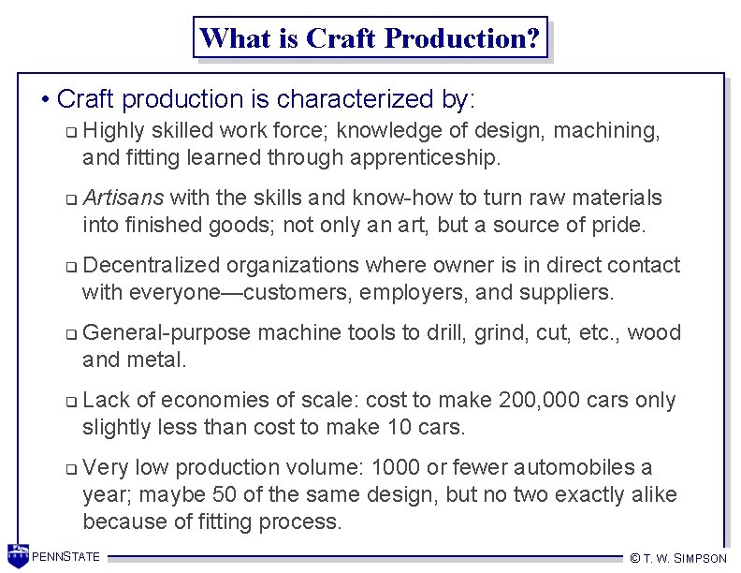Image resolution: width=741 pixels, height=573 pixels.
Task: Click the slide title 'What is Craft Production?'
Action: pyautogui.click(x=370, y=38)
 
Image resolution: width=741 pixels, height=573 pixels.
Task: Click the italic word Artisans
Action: pyautogui.click(x=123, y=198)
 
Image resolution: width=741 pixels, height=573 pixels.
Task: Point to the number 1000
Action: pyautogui.click(x=397, y=467)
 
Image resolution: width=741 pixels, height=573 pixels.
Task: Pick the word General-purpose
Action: pyautogui.click(x=167, y=332)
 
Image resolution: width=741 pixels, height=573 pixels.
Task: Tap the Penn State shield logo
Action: pyautogui.click(x=18, y=555)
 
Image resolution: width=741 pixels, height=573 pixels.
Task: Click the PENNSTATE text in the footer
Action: pyautogui.click(x=65, y=557)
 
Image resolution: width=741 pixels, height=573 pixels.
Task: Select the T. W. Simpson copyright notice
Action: pyautogui.click(x=677, y=558)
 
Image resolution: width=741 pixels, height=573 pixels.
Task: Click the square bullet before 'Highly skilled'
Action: pyautogui.click(x=71, y=132)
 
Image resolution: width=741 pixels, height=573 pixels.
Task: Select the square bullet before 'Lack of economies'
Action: pyautogui.click(x=71, y=402)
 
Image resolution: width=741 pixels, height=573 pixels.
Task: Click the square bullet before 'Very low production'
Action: pyautogui.click(x=71, y=469)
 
